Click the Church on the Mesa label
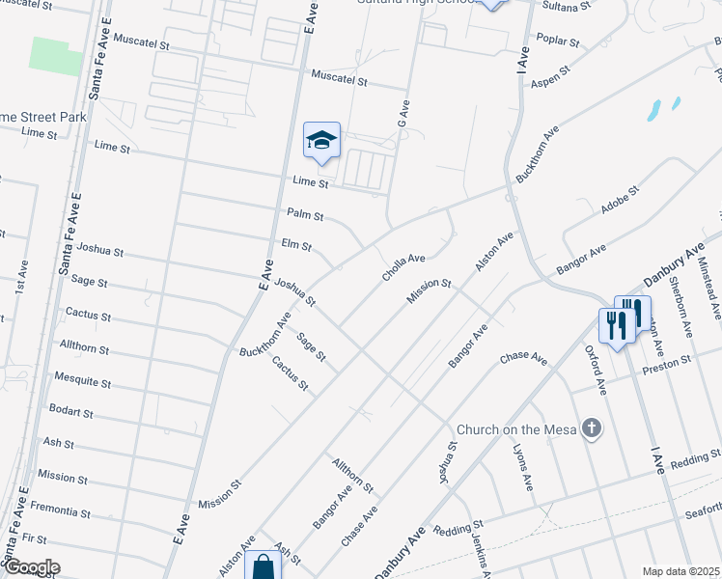pos(516,429)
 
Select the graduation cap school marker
pos(321,142)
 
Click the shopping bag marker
pos(263,567)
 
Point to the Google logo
pos(31,567)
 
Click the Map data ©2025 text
pos(680,571)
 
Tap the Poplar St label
pos(560,42)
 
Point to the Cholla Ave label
pos(403,267)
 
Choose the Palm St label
pos(305,214)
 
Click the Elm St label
pos(295,245)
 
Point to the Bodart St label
pos(70,412)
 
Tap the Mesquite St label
pos(83,382)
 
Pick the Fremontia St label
pos(61,506)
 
